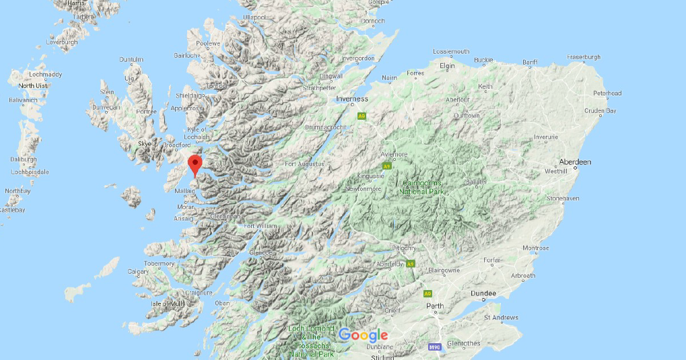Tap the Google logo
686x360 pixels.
[x=363, y=335]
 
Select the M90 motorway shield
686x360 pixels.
[x=435, y=347]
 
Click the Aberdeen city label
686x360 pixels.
[x=574, y=162]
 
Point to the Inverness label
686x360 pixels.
[x=351, y=100]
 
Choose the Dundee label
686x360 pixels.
[x=483, y=293]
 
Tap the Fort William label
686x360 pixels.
[x=260, y=226]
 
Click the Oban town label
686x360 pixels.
[x=221, y=303]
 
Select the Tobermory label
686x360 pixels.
[x=158, y=264]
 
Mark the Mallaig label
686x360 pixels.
[x=184, y=191]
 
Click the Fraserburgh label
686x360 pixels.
[x=584, y=57]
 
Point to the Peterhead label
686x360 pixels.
[x=607, y=93]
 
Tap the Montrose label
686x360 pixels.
[x=536, y=248]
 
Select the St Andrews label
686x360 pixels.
[x=502, y=318]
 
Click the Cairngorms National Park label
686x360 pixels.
[x=423, y=187]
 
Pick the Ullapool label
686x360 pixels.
[x=254, y=17]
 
